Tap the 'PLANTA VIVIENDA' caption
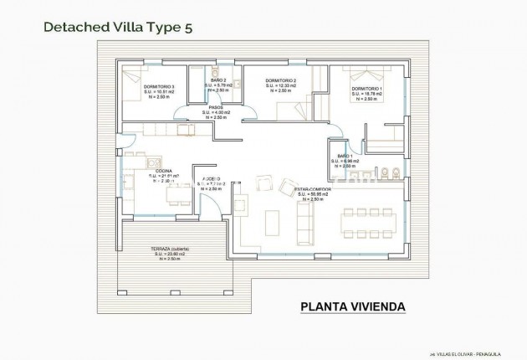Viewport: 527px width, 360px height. (x=352, y=306)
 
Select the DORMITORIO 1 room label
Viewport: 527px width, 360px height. (x=366, y=89)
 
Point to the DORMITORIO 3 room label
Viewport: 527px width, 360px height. (x=159, y=86)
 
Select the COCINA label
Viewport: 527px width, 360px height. (x=164, y=171)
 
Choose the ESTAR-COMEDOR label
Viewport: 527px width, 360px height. (x=313, y=190)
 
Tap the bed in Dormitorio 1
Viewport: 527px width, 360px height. (x=369, y=75)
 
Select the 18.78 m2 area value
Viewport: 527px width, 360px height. (x=368, y=94)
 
